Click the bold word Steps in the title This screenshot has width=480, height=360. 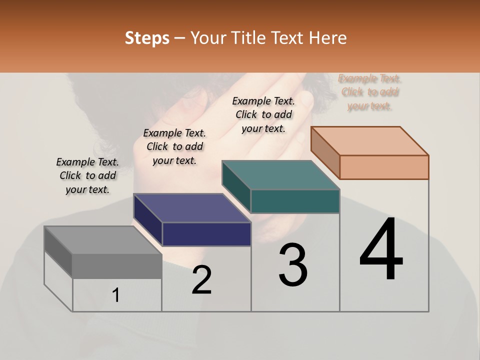point(147,38)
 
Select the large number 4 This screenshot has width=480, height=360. point(381,250)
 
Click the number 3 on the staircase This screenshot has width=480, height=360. point(293,265)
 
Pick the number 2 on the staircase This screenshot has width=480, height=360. point(202,280)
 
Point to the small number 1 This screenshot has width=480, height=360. point(116,295)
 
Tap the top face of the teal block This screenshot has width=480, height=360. point(280,175)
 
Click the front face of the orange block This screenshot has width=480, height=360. point(384,167)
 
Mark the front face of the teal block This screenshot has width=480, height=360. point(295,201)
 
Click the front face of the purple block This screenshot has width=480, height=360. point(206,234)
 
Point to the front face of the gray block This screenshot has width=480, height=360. point(117,266)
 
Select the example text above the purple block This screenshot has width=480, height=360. point(174,147)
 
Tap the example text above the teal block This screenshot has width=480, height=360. point(263,115)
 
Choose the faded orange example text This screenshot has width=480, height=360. point(370,92)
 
